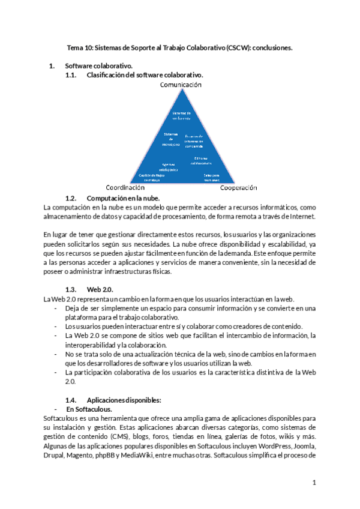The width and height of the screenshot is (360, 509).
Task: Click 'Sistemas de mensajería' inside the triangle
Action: coord(172,139)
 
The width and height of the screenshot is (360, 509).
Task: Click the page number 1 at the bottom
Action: coord(313,483)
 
